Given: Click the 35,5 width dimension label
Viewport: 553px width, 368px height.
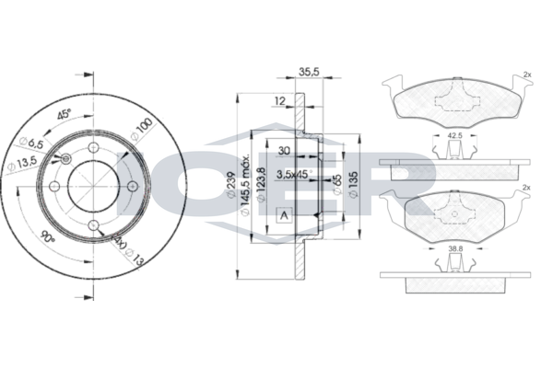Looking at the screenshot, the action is click(309, 70).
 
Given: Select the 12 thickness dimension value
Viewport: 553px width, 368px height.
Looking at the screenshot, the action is click(279, 100).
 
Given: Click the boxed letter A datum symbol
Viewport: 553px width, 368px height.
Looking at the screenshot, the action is click(282, 215).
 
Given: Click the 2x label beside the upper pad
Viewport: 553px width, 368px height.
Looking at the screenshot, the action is click(526, 75).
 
